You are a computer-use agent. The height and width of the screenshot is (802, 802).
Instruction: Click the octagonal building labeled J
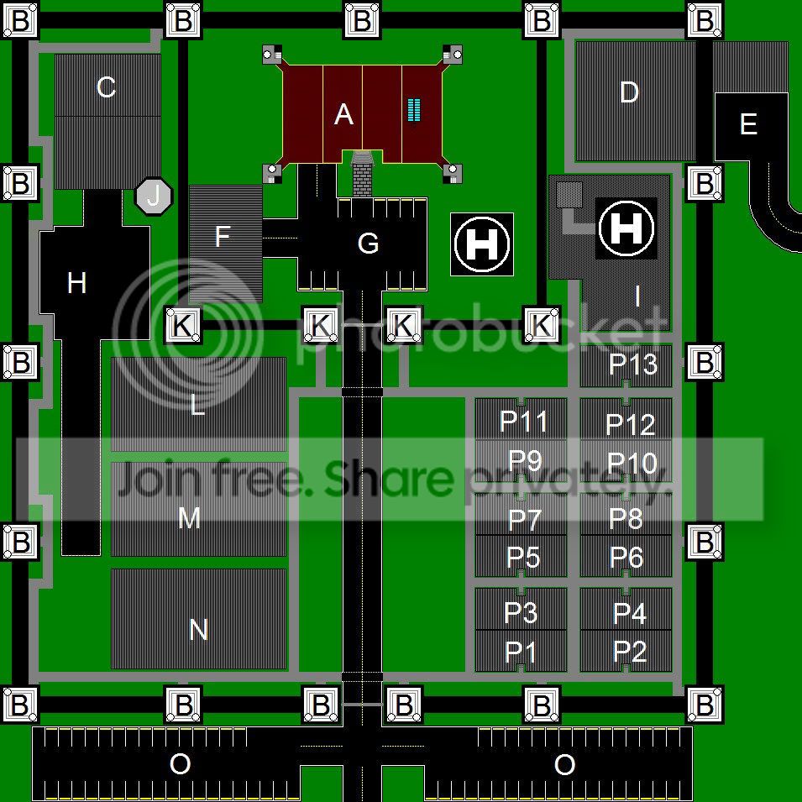154,196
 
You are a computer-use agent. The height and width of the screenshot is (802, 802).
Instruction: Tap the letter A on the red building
343,114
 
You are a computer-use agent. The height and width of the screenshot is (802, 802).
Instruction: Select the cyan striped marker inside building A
414,110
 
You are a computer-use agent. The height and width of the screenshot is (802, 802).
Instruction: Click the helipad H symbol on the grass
482,244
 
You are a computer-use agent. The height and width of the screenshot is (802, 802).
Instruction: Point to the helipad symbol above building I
626,228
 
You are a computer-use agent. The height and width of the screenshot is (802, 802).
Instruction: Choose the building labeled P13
626,365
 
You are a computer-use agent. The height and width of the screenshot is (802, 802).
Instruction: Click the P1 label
520,652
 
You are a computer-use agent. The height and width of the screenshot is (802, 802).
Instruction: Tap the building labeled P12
626,419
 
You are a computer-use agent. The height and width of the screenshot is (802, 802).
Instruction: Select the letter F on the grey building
222,236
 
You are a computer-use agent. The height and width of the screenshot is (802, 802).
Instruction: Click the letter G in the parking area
369,244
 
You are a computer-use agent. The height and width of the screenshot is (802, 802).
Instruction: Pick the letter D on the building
629,92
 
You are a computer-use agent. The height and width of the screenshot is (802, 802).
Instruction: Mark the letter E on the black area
748,123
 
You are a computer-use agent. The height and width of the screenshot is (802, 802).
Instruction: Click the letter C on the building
106,87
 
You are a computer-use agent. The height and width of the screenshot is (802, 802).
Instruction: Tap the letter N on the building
198,630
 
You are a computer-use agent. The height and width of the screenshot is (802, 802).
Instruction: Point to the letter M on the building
189,519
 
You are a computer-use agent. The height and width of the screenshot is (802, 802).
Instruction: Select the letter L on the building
197,405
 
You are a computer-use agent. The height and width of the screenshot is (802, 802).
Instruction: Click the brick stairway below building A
363,174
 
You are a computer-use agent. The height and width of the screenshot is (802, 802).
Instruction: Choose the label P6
626,557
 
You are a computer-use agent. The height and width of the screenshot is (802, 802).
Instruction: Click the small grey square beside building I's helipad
569,195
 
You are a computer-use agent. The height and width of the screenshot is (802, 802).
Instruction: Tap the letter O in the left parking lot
180,765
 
